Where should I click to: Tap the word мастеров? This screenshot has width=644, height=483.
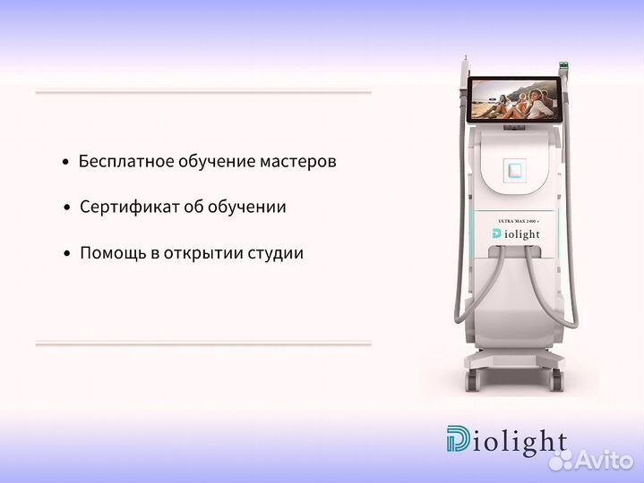tap(298, 162)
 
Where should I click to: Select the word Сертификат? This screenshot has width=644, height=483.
tap(121, 207)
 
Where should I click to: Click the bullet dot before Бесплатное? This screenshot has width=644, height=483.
tap(65, 164)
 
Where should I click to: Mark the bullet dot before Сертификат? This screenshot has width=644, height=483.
tap(66, 208)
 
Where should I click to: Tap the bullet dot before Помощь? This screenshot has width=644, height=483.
tap(66, 255)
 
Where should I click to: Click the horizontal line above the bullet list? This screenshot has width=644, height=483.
tap(202, 92)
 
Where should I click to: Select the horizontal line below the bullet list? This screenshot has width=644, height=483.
tap(202, 343)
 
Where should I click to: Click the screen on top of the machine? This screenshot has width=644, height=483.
tap(513, 99)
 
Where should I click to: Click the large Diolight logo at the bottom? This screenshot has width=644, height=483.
tap(506, 441)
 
